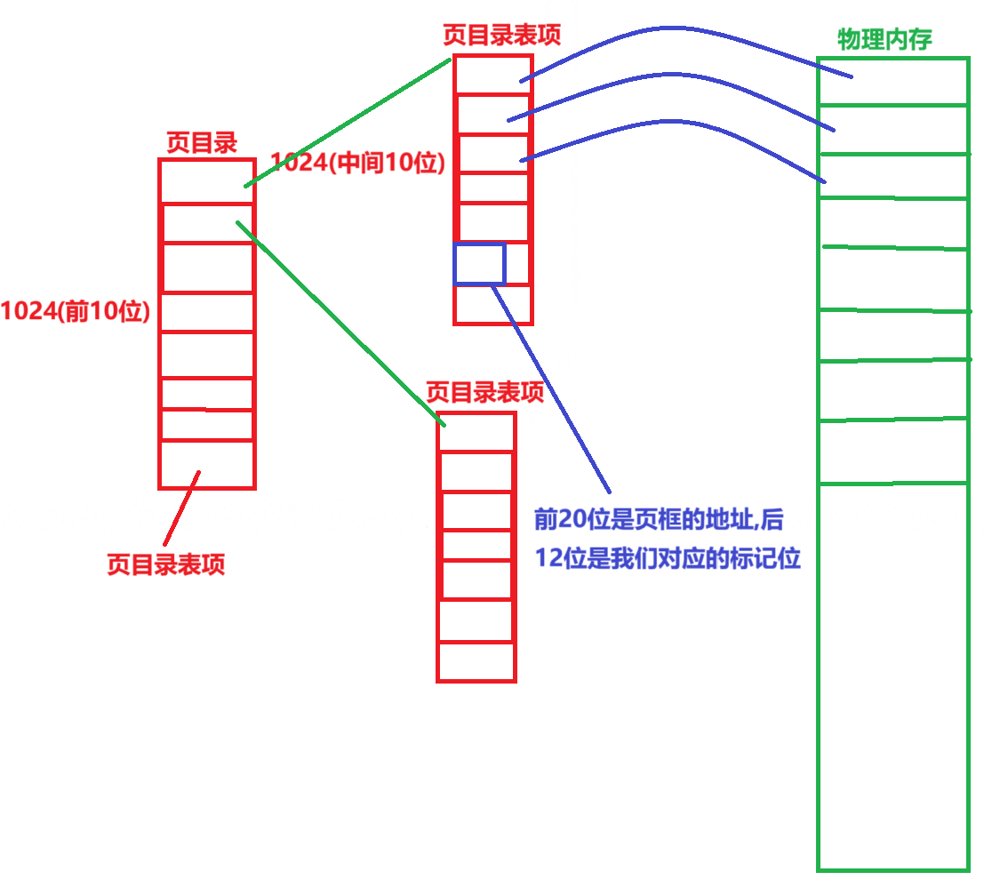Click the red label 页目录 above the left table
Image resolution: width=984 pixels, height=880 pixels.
[202, 143]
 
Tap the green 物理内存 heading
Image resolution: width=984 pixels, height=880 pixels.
[884, 39]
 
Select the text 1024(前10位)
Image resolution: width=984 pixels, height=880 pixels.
[75, 312]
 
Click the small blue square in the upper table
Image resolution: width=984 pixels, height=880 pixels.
[479, 263]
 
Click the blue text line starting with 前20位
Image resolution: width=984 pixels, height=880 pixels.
[658, 519]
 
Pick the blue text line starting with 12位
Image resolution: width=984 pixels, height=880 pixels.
[667, 558]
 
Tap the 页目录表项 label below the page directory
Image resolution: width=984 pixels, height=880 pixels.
[165, 564]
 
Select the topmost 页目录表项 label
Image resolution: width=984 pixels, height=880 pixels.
[501, 34]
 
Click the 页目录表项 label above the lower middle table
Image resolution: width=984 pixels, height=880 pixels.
[484, 393]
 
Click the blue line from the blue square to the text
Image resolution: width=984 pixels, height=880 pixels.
[551, 388]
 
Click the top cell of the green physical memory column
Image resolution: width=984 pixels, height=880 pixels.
[892, 82]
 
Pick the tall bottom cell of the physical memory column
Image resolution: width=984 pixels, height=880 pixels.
[892, 676]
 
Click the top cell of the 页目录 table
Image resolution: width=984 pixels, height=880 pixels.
[206, 181]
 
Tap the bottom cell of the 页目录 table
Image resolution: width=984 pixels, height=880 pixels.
[206, 463]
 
